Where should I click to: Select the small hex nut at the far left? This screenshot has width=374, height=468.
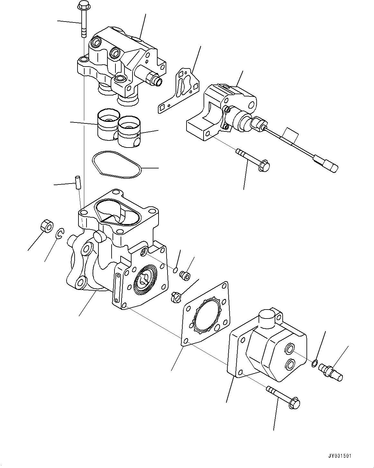[x=48, y=226]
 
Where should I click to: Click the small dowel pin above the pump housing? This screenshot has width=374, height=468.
[x=78, y=182]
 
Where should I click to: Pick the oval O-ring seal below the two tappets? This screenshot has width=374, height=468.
[x=117, y=165]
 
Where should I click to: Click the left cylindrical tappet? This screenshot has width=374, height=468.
[x=107, y=124]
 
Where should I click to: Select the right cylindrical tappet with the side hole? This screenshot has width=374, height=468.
[x=129, y=131]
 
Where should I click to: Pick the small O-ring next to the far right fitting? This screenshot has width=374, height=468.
[x=315, y=363]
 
